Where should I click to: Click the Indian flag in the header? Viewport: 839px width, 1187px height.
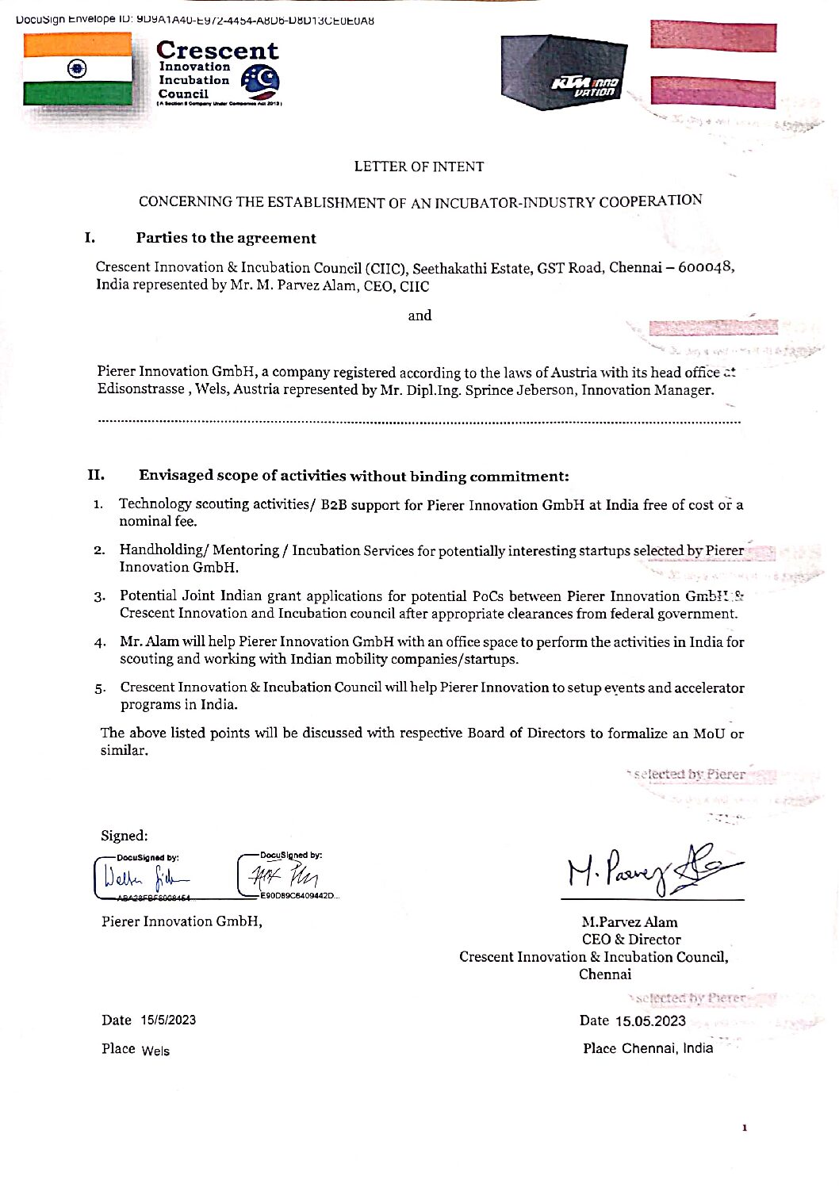coord(78,69)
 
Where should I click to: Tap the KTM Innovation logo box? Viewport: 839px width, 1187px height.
coord(563,73)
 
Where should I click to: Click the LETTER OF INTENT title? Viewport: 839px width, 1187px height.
coord(419,167)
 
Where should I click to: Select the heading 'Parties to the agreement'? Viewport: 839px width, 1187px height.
coord(226,238)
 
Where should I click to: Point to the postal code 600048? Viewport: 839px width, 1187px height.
coord(705,267)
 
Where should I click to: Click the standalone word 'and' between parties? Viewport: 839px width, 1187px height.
coord(419,316)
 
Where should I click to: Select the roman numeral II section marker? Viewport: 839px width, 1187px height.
coord(96,475)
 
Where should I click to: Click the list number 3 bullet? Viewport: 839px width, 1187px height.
coord(99,596)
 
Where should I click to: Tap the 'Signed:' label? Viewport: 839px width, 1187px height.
coord(124,836)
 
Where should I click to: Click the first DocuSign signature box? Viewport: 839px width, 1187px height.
coord(143,877)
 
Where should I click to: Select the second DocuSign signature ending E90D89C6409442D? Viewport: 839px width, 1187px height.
coord(288,877)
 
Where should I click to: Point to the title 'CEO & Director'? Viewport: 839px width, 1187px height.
coord(631,940)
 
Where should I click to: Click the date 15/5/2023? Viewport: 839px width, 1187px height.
coord(168,1020)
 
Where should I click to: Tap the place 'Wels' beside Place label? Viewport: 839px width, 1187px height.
coord(155,1051)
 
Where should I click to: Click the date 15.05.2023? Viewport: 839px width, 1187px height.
coord(650,1021)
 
